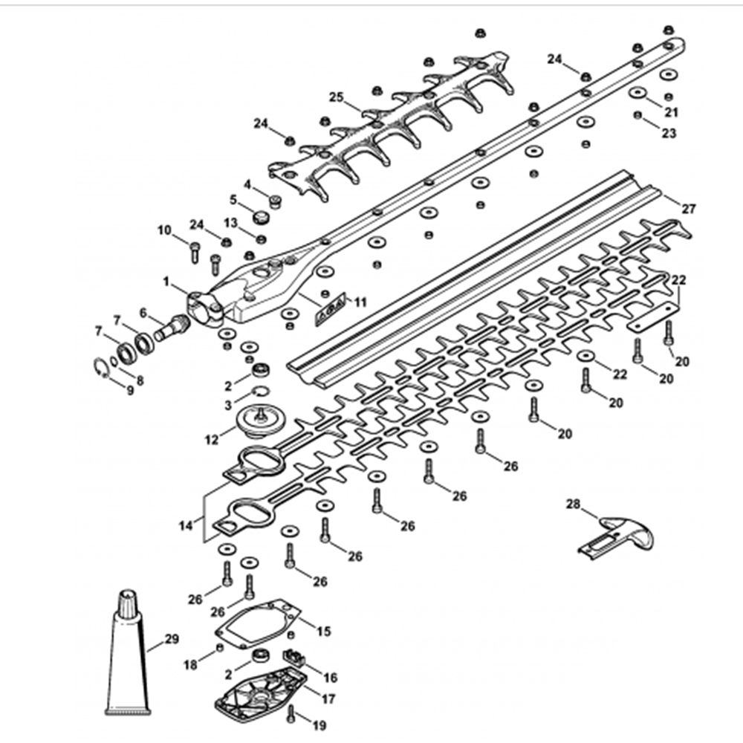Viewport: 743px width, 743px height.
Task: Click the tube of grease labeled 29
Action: click(x=128, y=654)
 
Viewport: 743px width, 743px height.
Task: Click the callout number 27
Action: click(x=689, y=209)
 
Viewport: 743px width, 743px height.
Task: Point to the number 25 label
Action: click(x=337, y=97)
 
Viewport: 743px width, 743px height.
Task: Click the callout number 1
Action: click(x=167, y=282)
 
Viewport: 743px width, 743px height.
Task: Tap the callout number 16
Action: click(x=330, y=678)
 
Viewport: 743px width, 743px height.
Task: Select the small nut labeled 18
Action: click(x=219, y=649)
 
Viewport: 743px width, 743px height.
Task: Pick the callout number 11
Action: click(x=361, y=302)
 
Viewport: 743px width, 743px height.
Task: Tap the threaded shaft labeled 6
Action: click(x=170, y=326)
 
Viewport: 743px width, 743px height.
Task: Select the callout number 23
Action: click(x=669, y=134)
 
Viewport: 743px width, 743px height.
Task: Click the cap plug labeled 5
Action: click(x=261, y=217)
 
